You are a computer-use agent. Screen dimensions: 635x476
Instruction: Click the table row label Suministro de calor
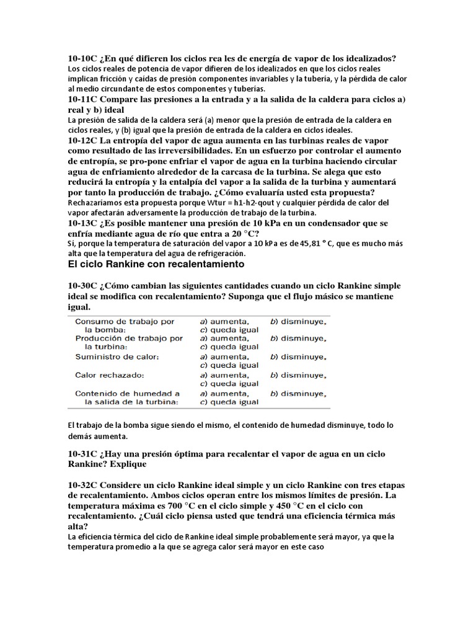click(x=117, y=357)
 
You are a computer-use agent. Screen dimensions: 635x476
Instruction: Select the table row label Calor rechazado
click(x=109, y=375)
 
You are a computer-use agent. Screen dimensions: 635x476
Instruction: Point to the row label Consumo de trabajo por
click(x=124, y=322)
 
